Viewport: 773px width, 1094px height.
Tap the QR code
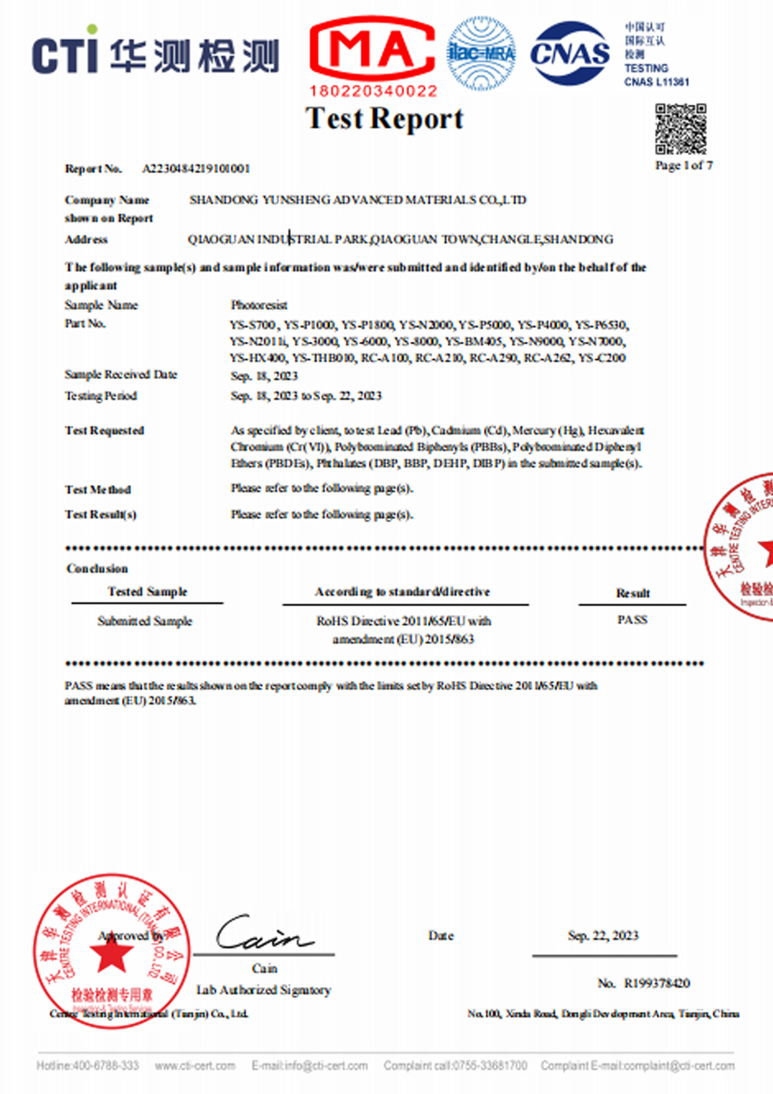pos(680,129)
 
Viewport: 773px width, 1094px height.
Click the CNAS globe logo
pos(570,53)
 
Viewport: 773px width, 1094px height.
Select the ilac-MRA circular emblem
pos(481,53)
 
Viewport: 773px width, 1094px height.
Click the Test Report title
pos(384,119)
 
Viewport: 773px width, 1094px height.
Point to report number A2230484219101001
pos(196,169)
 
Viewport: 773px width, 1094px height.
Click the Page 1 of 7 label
pos(683,166)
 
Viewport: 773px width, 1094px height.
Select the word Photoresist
pos(258,305)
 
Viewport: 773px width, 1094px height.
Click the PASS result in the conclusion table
pos(632,619)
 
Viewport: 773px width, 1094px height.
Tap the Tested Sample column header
pos(147,592)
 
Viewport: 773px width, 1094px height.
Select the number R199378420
pos(657,983)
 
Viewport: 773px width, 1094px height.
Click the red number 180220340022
pos(373,91)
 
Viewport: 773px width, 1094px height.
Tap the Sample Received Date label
pos(121,374)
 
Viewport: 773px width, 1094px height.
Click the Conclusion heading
pos(97,569)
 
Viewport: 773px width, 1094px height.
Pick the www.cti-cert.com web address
pos(195,1066)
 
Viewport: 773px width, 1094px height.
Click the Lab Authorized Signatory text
pos(264,990)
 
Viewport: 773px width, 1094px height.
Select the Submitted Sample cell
pos(145,621)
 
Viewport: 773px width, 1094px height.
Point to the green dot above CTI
pos(92,29)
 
